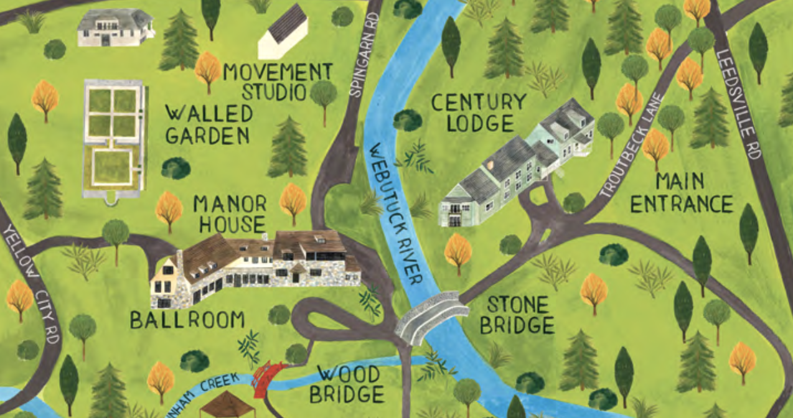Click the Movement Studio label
tap(270, 81)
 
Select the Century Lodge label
tap(479, 112)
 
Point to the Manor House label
tap(230, 213)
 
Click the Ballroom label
tap(187, 320)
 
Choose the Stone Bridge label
tap(520, 315)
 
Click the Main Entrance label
tap(681, 192)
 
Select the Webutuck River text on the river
tap(395, 211)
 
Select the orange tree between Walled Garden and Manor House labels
tap(168, 208)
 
